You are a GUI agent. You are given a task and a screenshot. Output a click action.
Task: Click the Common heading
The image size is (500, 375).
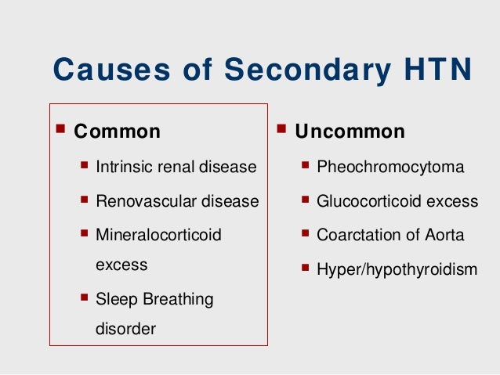[117, 131]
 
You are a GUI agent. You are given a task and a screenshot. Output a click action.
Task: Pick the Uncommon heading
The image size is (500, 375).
[350, 131]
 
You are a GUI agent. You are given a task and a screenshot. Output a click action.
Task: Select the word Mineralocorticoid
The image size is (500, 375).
[158, 235]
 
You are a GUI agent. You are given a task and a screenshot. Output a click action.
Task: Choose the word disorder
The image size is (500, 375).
[125, 329]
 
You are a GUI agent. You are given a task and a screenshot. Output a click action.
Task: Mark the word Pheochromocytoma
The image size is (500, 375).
[390, 167]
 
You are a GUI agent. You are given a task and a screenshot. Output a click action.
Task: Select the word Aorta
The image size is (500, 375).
[444, 235]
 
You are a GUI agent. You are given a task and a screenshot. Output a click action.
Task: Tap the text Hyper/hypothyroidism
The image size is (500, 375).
[397, 269]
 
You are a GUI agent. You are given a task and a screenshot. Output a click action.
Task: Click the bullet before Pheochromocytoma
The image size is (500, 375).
[306, 166]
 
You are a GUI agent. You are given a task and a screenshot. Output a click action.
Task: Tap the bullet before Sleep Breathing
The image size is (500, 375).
[84, 297]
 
